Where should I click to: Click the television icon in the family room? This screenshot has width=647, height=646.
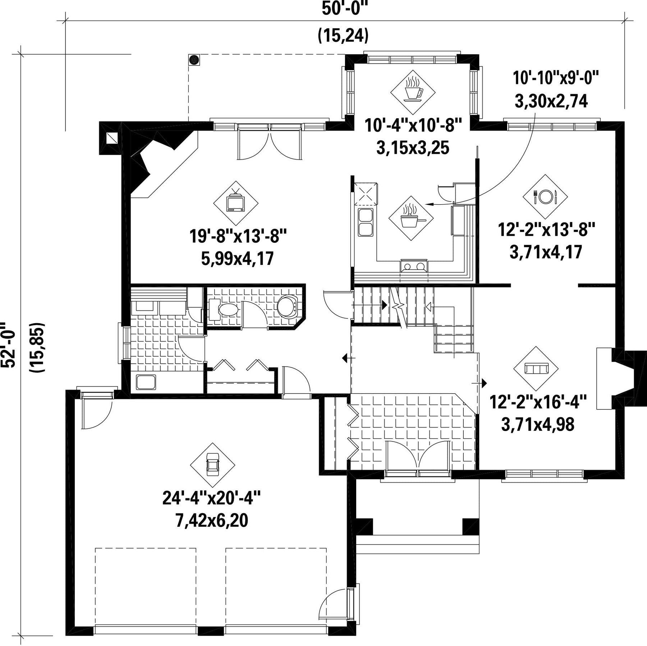(x=235, y=203)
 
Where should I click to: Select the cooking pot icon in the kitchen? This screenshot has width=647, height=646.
(x=411, y=218)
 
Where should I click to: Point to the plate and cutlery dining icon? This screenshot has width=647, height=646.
(x=545, y=197)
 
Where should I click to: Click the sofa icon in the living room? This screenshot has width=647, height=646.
(x=536, y=369)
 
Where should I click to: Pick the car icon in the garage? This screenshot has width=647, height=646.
(x=212, y=465)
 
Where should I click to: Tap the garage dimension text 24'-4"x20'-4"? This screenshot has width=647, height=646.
(x=211, y=498)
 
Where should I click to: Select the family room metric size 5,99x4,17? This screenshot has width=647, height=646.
(x=238, y=258)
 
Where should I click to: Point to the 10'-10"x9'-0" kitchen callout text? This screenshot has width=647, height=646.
(x=556, y=78)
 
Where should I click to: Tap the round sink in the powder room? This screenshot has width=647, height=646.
(x=287, y=307)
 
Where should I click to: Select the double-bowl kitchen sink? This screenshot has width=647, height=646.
(x=366, y=222)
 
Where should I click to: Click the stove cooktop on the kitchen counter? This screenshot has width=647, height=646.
(x=414, y=266)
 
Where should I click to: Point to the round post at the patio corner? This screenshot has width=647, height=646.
(x=194, y=60)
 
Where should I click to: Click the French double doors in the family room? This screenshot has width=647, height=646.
(x=269, y=141)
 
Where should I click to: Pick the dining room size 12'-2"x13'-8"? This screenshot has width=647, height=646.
(x=546, y=229)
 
